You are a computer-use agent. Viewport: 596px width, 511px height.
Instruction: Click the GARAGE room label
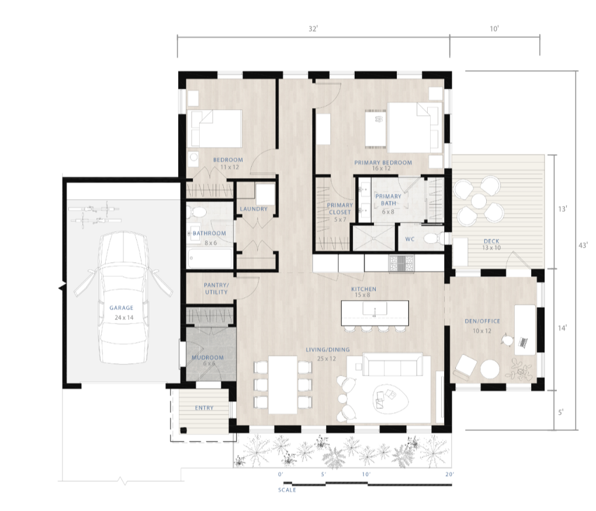[121, 308]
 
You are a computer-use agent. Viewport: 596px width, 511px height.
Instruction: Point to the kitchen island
[374, 312]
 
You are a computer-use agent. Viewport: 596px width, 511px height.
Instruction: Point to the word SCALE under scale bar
[286, 490]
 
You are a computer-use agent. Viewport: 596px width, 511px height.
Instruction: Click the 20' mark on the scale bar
[449, 474]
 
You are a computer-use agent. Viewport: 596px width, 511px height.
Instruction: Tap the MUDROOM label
[207, 358]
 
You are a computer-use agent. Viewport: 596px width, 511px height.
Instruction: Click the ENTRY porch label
[204, 408]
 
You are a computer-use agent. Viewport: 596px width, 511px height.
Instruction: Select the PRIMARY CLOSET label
[339, 208]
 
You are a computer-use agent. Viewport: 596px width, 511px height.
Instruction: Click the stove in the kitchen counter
[403, 264]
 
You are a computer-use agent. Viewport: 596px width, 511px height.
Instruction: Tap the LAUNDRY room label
[254, 209]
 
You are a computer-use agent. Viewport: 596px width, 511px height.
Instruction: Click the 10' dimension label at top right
[494, 29]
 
